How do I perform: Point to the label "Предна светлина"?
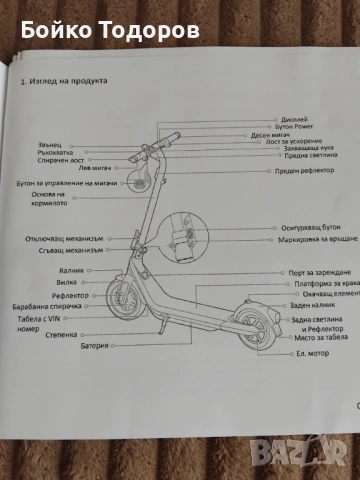tap(299, 155)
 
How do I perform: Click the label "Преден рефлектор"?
tap(301, 171)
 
